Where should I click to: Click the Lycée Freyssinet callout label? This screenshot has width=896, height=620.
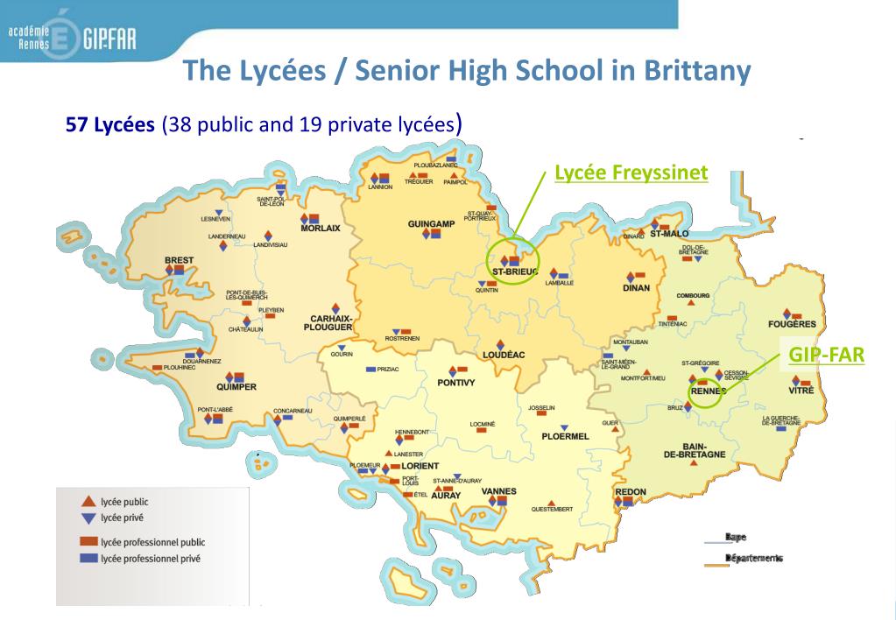coord(631,173)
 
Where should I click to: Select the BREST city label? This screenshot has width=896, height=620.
coord(179,260)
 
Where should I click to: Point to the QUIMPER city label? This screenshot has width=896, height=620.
coord(236,386)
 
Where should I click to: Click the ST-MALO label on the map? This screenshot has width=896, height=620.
coord(669,234)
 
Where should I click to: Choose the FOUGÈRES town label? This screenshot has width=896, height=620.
coord(792,324)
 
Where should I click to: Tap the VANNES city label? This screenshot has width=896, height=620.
coord(498,491)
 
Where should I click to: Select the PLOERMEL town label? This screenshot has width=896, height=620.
coord(565,436)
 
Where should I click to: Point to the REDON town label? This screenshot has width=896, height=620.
coord(631,492)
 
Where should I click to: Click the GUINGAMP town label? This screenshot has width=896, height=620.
coord(431,224)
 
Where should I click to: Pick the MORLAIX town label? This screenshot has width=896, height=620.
coord(320,229)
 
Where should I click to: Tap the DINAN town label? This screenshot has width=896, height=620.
coord(636,288)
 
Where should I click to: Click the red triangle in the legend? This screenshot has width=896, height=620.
coord(88,502)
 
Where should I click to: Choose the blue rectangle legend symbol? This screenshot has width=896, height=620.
coord(88,558)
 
